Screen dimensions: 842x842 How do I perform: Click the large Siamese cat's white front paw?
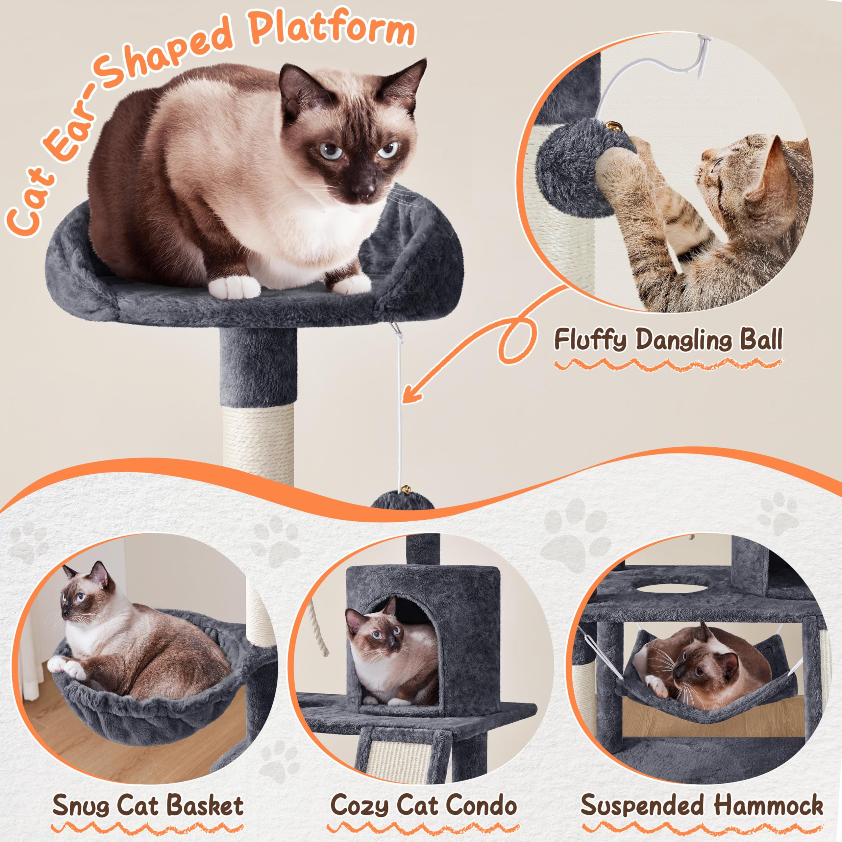[x=233, y=288]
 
